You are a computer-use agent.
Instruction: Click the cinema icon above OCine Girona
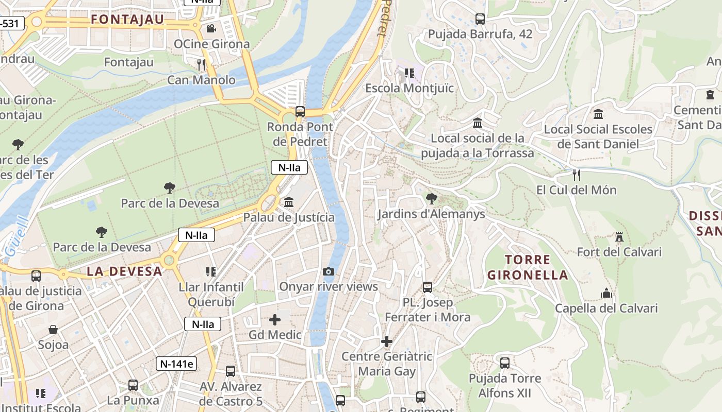click(210, 28)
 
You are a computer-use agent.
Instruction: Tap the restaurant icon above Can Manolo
click(201, 64)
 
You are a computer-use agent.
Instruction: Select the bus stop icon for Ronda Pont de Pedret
click(300, 111)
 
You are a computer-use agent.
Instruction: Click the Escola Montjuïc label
click(409, 88)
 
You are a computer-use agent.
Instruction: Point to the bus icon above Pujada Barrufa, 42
click(480, 19)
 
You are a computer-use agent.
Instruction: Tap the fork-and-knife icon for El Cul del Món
click(577, 175)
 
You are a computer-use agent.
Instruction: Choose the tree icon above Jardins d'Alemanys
click(431, 198)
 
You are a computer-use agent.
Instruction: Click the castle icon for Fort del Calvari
click(619, 237)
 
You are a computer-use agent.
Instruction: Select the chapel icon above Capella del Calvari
click(606, 294)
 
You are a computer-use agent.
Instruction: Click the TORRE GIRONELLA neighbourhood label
click(528, 267)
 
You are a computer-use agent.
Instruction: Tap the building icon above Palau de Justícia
click(289, 202)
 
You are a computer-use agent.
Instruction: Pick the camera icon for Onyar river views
click(328, 271)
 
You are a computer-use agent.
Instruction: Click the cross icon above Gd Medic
click(275, 320)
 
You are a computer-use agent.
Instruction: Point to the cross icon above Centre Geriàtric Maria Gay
click(387, 341)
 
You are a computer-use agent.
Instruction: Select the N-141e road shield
click(176, 364)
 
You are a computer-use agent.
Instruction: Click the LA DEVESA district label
click(124, 271)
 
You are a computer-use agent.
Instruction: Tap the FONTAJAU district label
click(127, 20)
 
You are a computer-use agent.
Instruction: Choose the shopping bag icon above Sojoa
click(53, 330)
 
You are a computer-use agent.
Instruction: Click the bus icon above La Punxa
click(133, 385)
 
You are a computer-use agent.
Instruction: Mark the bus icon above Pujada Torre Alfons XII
click(505, 363)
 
